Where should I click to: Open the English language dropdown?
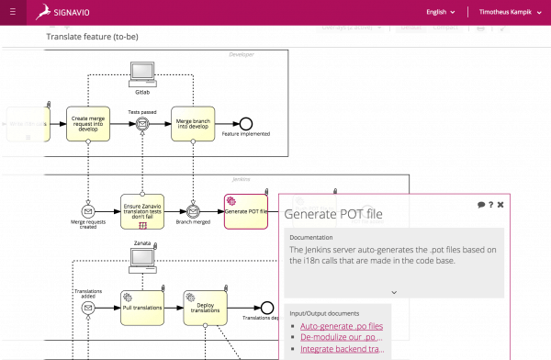439,13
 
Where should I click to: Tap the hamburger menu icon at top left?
12,13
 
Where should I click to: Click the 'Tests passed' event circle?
142,125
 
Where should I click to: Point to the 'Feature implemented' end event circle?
245,124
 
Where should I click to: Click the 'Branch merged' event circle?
194,211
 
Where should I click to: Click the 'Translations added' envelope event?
88,308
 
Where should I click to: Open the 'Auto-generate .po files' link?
342,326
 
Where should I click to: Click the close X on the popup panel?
500,204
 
